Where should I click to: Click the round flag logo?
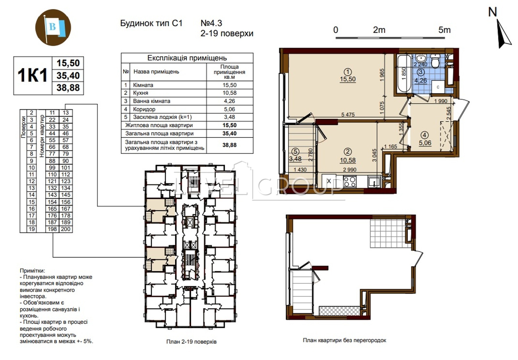53,27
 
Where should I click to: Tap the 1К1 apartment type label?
33,75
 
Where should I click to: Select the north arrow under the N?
504,34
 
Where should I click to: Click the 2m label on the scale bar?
379,30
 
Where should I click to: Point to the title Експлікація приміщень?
187,58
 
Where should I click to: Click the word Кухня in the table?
141,93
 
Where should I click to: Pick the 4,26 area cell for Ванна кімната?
230,101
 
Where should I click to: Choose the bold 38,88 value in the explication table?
230,145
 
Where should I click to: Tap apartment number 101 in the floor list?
66,168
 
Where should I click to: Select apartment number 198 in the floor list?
52,229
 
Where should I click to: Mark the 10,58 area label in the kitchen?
348,160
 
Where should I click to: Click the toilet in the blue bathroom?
435,61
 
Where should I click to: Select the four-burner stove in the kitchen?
350,182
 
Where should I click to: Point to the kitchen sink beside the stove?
374,182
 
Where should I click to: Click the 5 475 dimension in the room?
348,115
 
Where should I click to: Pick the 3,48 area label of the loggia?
295,159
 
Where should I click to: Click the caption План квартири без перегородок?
344,340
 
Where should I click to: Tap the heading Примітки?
32,271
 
